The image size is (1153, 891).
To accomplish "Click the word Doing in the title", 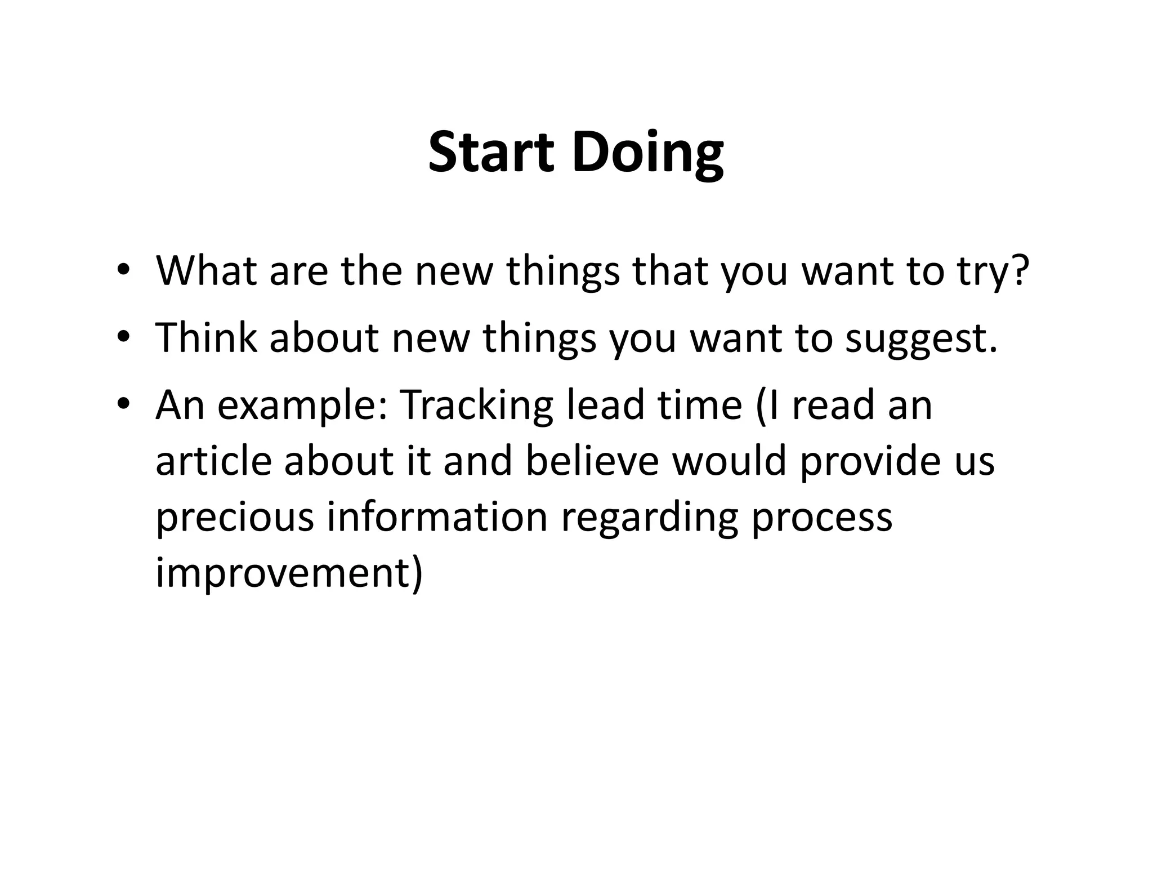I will [x=647, y=153].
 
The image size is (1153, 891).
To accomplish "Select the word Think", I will [x=205, y=338].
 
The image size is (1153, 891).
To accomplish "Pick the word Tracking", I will [x=476, y=405].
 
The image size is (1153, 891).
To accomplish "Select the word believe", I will [x=592, y=461].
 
